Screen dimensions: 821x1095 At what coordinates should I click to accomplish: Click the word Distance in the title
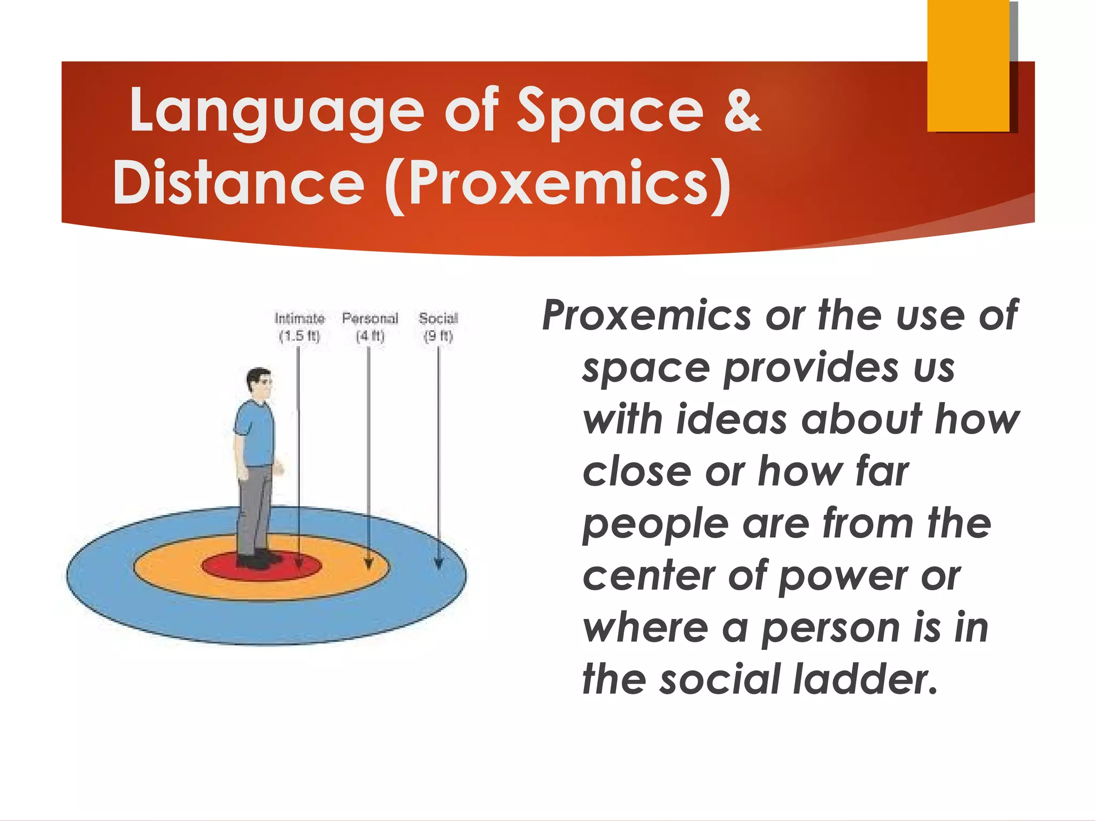coord(238,184)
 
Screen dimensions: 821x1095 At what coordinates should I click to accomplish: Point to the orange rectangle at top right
coord(968,65)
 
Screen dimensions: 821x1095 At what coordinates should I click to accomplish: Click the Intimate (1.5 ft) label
coord(299,327)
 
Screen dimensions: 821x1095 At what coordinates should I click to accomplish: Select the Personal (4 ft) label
coord(370,327)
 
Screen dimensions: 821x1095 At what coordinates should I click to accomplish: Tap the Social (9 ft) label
coord(438,327)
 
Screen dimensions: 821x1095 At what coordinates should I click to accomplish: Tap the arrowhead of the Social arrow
coord(438,564)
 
